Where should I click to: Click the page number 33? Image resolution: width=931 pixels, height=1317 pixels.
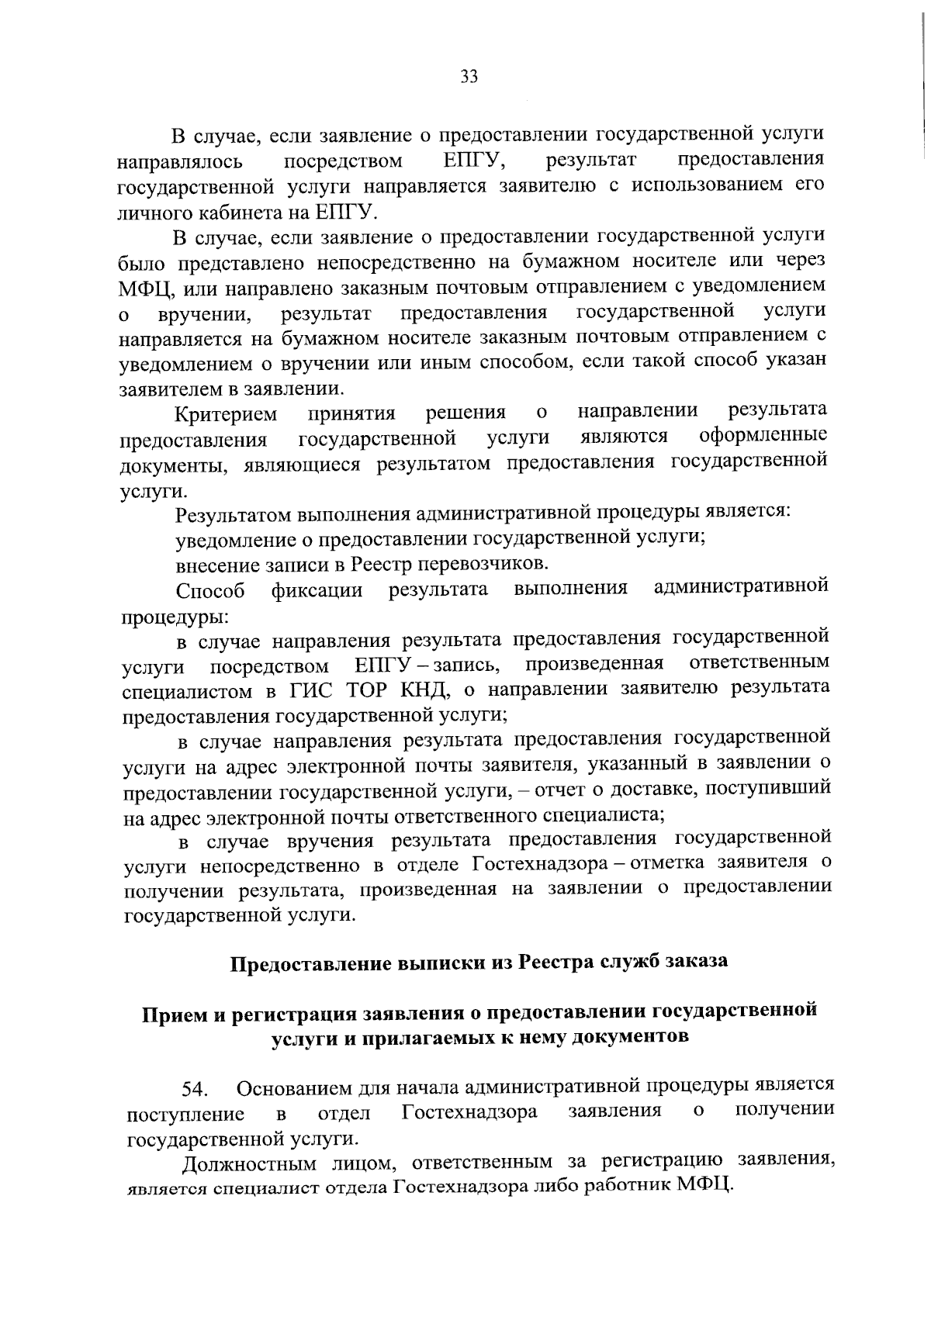point(469,76)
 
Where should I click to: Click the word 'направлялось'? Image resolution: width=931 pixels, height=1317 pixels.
point(180,162)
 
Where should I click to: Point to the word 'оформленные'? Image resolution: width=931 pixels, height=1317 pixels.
point(763,436)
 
